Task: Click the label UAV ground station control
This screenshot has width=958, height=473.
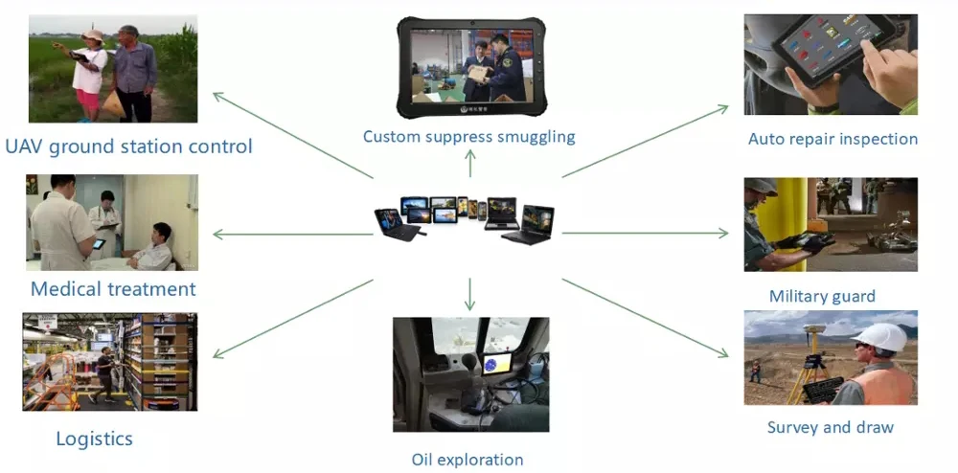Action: pyautogui.click(x=128, y=146)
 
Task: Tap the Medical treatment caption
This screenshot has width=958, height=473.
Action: pyautogui.click(x=113, y=288)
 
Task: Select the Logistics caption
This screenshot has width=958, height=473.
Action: pyautogui.click(x=94, y=439)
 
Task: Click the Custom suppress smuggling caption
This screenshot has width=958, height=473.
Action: pyautogui.click(x=468, y=136)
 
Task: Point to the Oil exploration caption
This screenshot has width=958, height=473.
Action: pyautogui.click(x=468, y=460)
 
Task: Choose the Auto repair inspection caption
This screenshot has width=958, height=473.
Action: pyautogui.click(x=833, y=139)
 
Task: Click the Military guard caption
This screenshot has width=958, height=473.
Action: pyautogui.click(x=822, y=296)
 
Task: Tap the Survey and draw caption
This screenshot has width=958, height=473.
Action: pyautogui.click(x=830, y=427)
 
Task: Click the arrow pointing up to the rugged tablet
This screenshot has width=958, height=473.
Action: pyautogui.click(x=469, y=164)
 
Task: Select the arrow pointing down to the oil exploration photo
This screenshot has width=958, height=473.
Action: pyautogui.click(x=469, y=293)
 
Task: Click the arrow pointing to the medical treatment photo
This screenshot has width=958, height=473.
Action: pyautogui.click(x=287, y=234)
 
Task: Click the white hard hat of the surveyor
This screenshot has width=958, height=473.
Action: pyautogui.click(x=881, y=336)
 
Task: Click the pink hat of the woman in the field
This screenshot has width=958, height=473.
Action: pyautogui.click(x=93, y=36)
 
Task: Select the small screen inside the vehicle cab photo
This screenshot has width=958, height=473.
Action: pyautogui.click(x=500, y=364)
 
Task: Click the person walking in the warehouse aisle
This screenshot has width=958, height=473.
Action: pyautogui.click(x=104, y=372)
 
